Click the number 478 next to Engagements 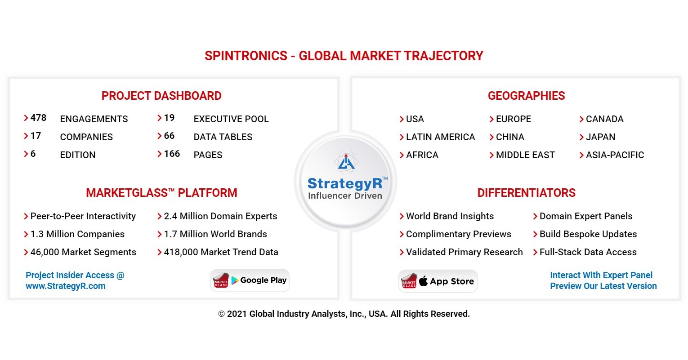click(x=38, y=118)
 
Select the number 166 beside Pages click(x=172, y=154)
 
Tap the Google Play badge click(x=250, y=280)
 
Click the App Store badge click(x=438, y=281)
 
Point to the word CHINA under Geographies click(x=510, y=137)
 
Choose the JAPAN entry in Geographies click(x=600, y=137)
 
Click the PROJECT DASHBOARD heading click(x=161, y=96)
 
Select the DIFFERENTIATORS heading click(x=526, y=193)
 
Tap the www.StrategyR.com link click(x=66, y=286)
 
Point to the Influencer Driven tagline click(x=345, y=196)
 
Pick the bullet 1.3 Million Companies click(x=77, y=234)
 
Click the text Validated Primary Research click(x=464, y=252)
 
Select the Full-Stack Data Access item click(x=588, y=252)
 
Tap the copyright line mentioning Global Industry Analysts click(x=344, y=314)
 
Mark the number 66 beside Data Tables click(x=169, y=136)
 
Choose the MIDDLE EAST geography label click(x=525, y=155)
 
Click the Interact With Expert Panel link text click(x=601, y=275)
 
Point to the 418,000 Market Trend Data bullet click(x=221, y=252)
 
